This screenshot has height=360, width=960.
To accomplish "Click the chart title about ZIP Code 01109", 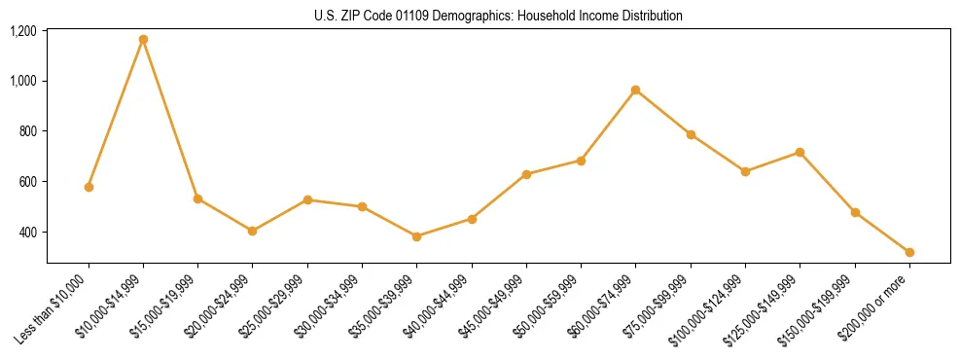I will click(498, 16).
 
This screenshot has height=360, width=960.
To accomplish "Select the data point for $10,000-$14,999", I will click(143, 40).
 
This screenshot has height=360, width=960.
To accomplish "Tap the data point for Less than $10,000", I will click(89, 187).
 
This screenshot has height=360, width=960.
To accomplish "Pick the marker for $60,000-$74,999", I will click(636, 90).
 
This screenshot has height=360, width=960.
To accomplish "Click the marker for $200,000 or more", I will click(909, 252).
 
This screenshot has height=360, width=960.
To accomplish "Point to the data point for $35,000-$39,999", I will click(417, 236).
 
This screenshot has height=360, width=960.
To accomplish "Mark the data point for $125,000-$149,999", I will click(800, 153).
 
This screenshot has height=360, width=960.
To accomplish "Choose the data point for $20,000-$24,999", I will click(253, 231).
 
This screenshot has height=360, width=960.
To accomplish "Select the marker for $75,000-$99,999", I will click(691, 134).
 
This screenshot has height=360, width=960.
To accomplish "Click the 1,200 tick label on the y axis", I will click(23, 31).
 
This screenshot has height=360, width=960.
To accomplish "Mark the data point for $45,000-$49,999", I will click(526, 174).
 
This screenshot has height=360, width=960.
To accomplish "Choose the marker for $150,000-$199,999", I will click(855, 212).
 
